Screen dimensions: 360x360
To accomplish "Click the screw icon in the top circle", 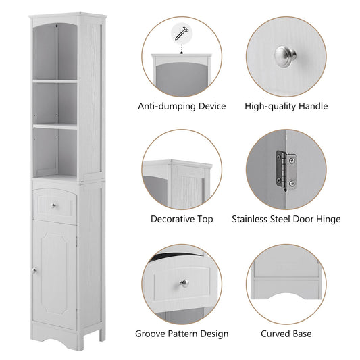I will [x=182, y=30].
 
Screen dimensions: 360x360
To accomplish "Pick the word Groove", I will [x=151, y=334].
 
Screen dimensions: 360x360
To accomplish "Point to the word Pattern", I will [x=185, y=334].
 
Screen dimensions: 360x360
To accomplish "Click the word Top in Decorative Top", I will [x=205, y=219].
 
